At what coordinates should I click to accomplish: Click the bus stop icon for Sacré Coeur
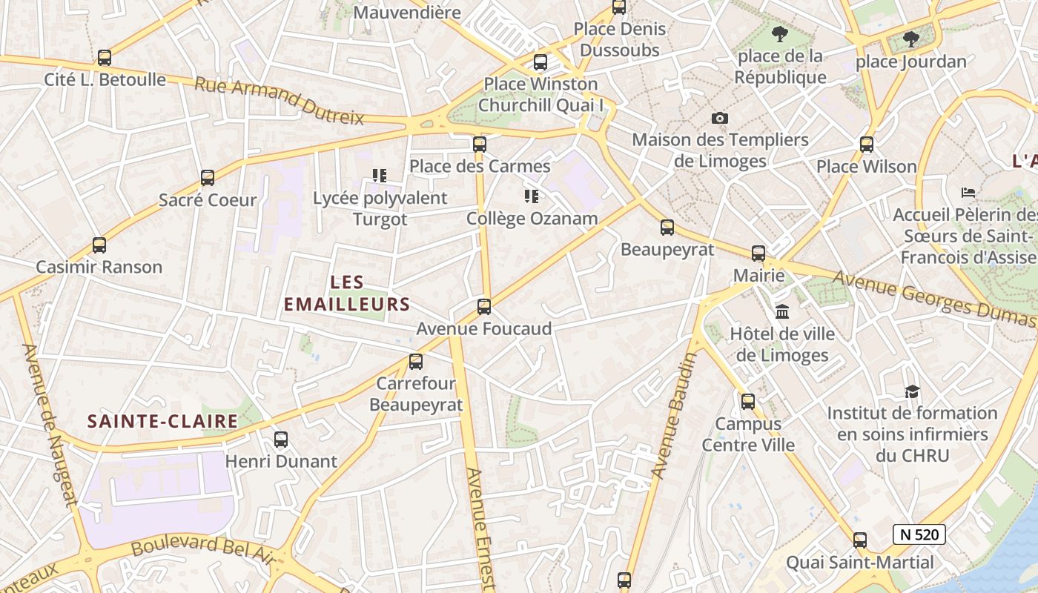(x=208, y=178)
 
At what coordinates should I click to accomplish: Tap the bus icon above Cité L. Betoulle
(x=105, y=58)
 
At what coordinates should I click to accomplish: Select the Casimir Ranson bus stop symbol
(x=99, y=245)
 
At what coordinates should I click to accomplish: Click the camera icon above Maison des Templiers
(x=719, y=119)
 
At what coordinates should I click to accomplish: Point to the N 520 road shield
(x=919, y=534)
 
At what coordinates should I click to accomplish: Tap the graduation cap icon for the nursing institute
(x=912, y=391)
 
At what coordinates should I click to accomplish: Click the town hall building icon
(x=782, y=311)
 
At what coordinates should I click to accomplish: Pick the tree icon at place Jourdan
(x=911, y=39)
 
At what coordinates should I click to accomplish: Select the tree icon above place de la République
(x=779, y=33)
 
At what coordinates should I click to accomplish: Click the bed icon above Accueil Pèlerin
(x=968, y=193)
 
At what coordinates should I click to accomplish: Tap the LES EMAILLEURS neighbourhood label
(x=347, y=293)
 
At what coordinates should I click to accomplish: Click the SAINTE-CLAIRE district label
(x=163, y=422)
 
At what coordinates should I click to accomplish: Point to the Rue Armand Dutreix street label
(x=280, y=101)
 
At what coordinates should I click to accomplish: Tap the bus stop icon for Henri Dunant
(x=281, y=440)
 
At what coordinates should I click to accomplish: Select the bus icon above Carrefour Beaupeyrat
(x=416, y=362)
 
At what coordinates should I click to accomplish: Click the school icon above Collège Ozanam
(x=531, y=196)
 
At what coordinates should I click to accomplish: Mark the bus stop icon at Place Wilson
(x=867, y=145)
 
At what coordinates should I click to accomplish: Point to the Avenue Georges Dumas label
(x=933, y=298)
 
